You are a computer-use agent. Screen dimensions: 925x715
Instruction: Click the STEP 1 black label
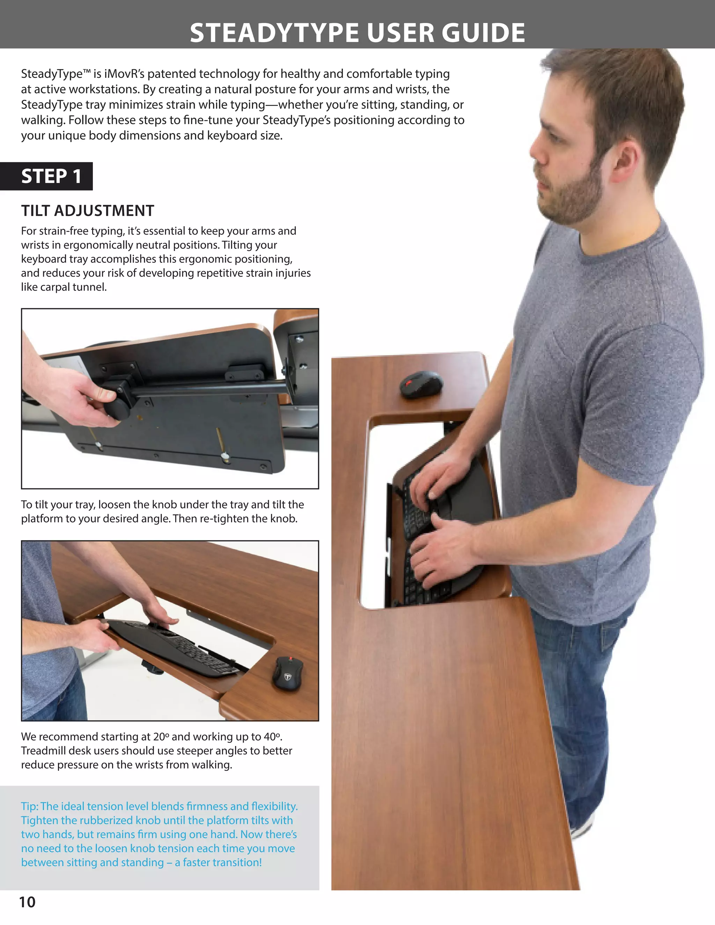tap(51, 176)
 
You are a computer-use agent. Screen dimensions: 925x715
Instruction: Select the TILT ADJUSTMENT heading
tap(88, 210)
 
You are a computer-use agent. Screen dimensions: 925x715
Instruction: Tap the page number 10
tap(27, 902)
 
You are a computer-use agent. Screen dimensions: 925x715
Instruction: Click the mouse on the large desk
tap(421, 385)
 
